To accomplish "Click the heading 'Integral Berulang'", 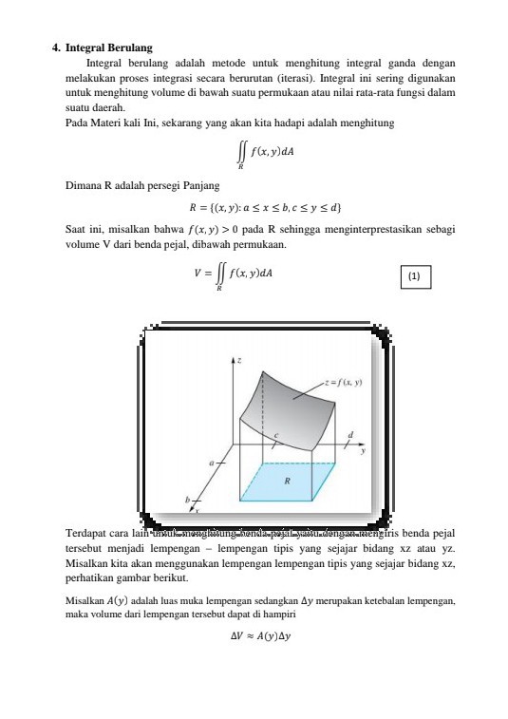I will pyautogui.click(x=109, y=47).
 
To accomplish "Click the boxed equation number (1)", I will pyautogui.click(x=414, y=276).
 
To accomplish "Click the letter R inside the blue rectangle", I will pyautogui.click(x=287, y=481).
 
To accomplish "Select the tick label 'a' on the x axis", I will pyautogui.click(x=212, y=463).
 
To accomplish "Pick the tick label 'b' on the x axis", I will pyautogui.click(x=188, y=500).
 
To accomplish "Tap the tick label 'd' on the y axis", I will pyautogui.click(x=350, y=434).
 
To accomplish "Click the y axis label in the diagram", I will pyautogui.click(x=363, y=451).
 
